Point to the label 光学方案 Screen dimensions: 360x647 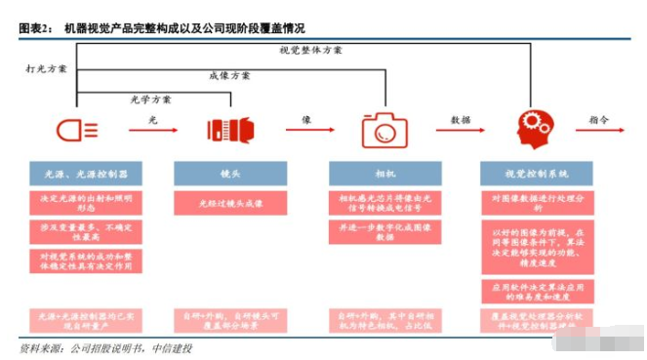click(x=151, y=99)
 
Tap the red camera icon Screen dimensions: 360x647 click(x=383, y=129)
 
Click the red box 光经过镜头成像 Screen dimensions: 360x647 click(x=230, y=203)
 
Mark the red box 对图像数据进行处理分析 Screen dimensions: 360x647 click(x=537, y=202)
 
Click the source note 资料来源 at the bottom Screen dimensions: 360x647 click(x=107, y=348)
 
